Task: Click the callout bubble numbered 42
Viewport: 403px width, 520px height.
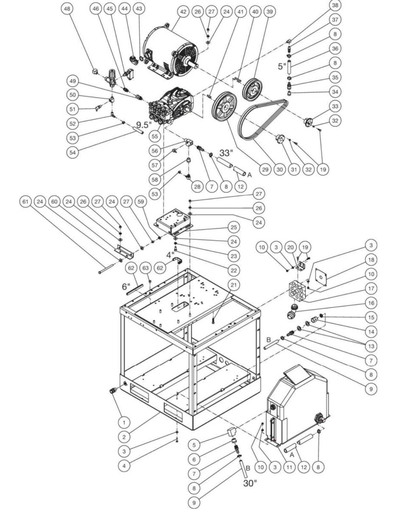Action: pyautogui.click(x=183, y=12)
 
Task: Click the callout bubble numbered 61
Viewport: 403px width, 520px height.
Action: pyautogui.click(x=26, y=202)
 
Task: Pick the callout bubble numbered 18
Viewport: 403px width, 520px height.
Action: pyautogui.click(x=371, y=260)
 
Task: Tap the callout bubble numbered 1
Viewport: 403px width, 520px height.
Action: pyautogui.click(x=124, y=422)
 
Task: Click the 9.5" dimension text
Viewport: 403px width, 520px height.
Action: pyautogui.click(x=144, y=124)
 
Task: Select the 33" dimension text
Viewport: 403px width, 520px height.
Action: pyautogui.click(x=226, y=152)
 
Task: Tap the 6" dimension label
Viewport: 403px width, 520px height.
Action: pyautogui.click(x=126, y=286)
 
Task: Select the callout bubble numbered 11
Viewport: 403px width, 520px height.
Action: pyautogui.click(x=289, y=467)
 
